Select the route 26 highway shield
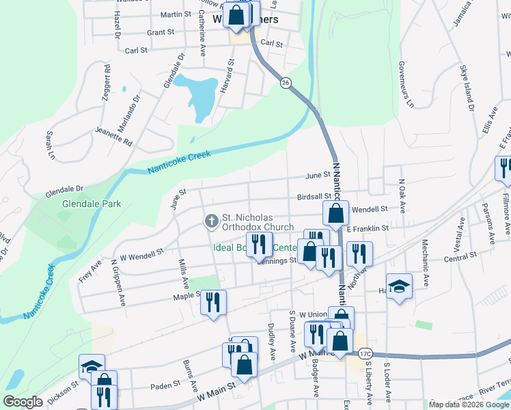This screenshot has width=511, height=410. [285, 82]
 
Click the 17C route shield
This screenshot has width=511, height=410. [365, 353]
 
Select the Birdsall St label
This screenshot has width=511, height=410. [314, 196]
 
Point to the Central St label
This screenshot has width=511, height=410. [460, 256]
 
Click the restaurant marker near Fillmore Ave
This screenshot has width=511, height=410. [504, 169]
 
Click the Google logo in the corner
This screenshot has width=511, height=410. [23, 402]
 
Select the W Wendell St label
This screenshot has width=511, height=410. [142, 254]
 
